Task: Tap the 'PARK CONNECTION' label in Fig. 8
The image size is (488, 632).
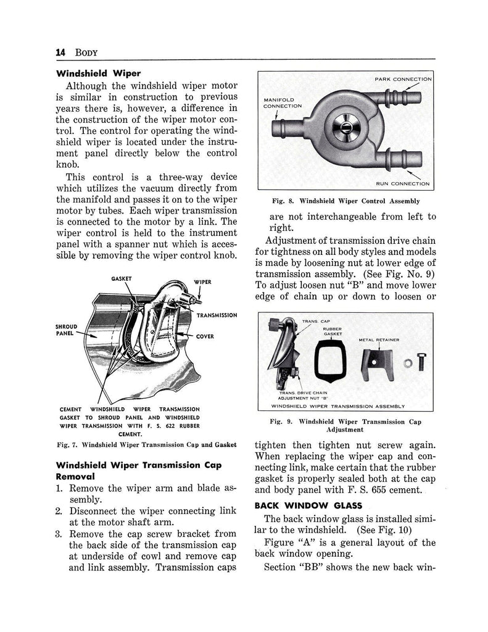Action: [x=403, y=80]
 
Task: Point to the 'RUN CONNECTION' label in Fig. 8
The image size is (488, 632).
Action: [x=403, y=183]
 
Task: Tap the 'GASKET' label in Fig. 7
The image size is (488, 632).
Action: [x=122, y=278]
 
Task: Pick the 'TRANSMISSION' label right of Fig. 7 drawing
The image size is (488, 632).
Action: [x=216, y=315]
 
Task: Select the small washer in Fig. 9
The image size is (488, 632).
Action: [x=406, y=363]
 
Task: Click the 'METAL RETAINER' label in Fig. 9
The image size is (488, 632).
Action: [x=378, y=339]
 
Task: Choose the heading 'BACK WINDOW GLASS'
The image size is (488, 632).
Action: [x=295, y=505]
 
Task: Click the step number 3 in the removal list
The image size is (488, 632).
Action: [x=60, y=533]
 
